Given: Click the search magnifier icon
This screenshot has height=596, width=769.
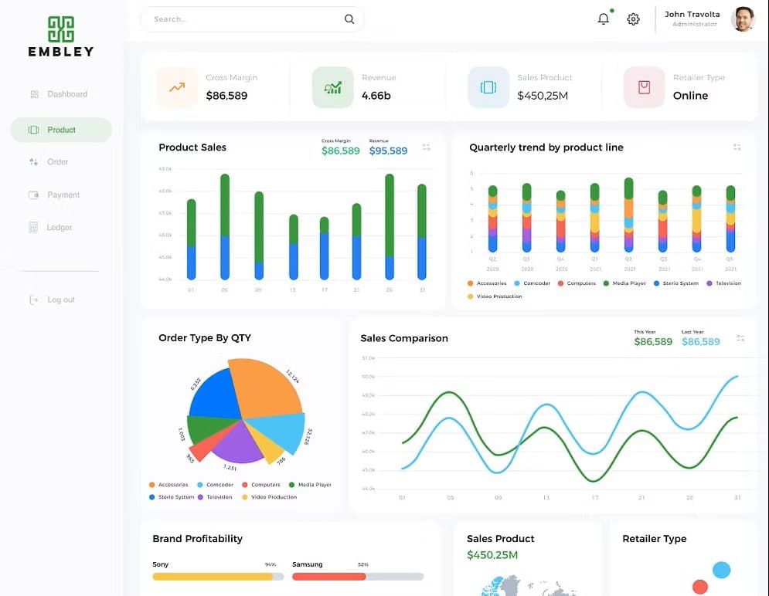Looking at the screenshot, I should [x=349, y=19].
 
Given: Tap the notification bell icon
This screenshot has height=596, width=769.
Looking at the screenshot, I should [x=604, y=19].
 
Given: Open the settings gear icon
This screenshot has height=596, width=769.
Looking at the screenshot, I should [x=633, y=19].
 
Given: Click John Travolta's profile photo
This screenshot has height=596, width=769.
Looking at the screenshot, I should [x=743, y=19].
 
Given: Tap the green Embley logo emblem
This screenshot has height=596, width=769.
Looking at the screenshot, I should [x=60, y=29].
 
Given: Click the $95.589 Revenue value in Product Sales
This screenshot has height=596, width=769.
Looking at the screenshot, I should [x=388, y=151].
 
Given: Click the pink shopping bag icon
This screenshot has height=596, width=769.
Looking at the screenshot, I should [x=645, y=87].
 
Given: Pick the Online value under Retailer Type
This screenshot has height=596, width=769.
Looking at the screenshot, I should [x=690, y=96].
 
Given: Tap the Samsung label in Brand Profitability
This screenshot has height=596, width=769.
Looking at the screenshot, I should [x=307, y=564].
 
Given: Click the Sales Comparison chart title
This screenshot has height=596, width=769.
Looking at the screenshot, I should [x=403, y=338].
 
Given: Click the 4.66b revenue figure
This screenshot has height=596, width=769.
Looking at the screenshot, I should [x=376, y=96].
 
